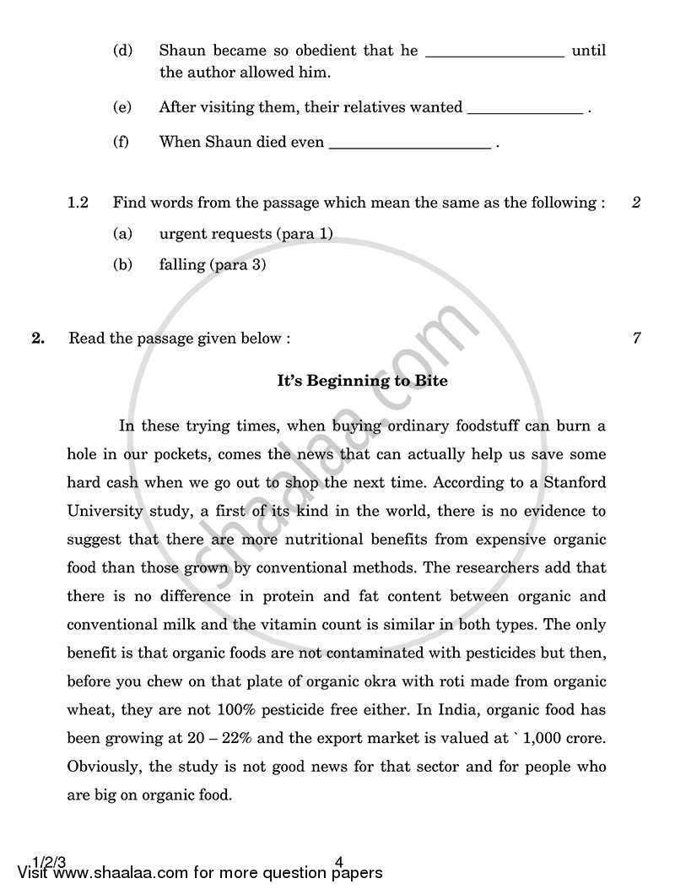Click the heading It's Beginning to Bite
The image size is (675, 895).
coord(363,381)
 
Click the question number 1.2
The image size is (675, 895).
coord(78,203)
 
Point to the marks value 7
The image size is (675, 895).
coord(636,339)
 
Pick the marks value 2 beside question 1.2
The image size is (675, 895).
coord(636,203)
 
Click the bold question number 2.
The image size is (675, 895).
coord(37,339)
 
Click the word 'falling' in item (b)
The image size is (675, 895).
coord(182,265)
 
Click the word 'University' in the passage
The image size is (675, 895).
coord(101,512)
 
